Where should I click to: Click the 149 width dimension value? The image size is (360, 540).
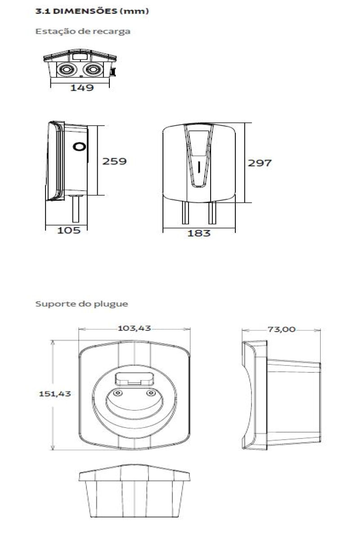point(82,87)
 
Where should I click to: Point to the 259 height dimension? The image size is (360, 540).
point(114,161)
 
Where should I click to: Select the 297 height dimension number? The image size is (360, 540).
point(260,163)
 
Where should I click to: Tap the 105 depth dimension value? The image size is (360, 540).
point(69,230)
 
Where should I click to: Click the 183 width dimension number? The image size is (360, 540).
point(199,234)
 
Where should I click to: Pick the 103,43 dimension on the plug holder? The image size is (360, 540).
point(134,328)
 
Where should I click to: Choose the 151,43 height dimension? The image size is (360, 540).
point(55,394)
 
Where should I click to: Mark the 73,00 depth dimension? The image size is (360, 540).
point(281,329)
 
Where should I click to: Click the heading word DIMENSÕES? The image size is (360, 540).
point(85,11)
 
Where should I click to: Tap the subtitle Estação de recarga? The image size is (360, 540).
point(83,31)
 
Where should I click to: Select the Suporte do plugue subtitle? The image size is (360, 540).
point(82,304)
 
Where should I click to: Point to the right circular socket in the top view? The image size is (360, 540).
point(92,69)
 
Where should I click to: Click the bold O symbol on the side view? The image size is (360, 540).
point(79,147)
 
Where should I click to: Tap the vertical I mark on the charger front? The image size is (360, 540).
point(199,167)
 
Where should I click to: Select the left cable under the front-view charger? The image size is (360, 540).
point(185,212)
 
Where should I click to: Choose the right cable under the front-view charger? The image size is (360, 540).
point(212,212)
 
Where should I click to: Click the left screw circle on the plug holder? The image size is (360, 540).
point(117,393)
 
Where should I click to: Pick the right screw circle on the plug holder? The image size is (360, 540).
point(151,393)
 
